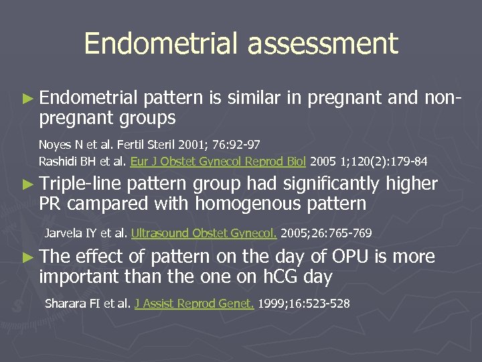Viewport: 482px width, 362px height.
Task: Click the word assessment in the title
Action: coord(323,44)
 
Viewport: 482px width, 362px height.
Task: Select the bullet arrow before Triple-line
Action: coord(27,184)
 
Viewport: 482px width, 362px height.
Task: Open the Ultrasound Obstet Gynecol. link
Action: coord(204,233)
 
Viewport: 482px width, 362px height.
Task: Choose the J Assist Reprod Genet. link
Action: coord(194,304)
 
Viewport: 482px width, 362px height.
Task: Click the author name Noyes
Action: coord(54,145)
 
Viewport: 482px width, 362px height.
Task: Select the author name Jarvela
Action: coord(62,233)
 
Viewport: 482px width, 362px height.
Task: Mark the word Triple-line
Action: coord(81,184)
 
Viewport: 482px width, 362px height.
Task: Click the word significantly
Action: coord(331,184)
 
